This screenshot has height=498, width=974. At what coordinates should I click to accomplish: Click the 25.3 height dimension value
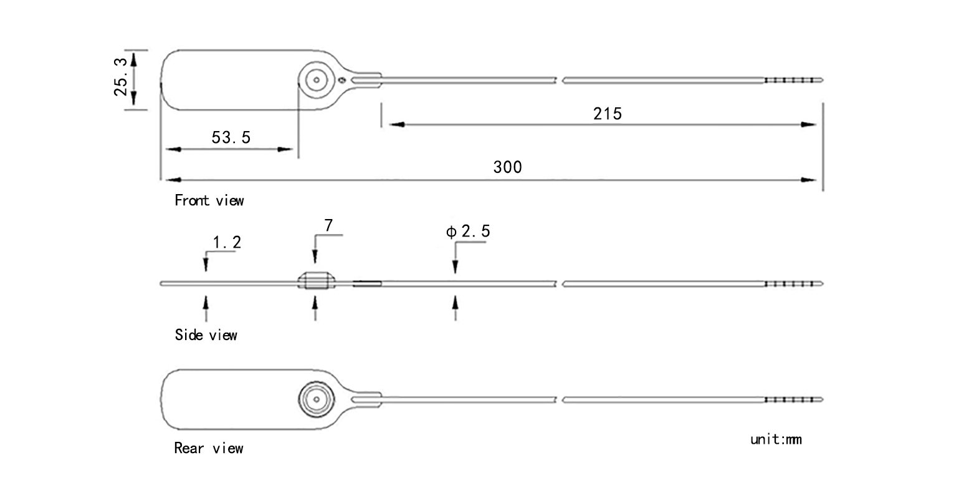point(121,77)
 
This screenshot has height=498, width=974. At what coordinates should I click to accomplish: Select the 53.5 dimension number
point(231,137)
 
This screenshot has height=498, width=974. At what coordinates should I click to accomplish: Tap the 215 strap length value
point(608,114)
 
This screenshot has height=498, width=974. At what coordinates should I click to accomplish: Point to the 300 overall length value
point(507,167)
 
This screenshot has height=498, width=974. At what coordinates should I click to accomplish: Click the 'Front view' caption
point(209,200)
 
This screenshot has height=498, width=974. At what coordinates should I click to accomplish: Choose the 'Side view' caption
point(206,334)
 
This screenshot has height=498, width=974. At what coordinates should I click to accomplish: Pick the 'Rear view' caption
point(209,448)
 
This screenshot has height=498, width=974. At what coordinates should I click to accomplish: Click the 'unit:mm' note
point(776,439)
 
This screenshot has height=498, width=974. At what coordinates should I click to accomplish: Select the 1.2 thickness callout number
point(227,243)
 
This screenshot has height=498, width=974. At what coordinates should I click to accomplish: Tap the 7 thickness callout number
point(328,225)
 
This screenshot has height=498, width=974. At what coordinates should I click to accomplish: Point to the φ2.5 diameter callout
point(468,231)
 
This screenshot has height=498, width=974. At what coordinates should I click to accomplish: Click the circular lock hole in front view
point(317,80)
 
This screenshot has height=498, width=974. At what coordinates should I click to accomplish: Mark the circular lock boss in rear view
point(317,399)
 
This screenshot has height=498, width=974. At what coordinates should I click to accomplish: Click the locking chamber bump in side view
point(317,281)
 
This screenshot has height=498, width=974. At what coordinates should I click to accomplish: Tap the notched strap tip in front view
point(793,80)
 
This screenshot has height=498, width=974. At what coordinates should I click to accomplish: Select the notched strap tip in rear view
point(793,399)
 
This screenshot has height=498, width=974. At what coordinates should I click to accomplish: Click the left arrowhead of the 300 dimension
point(173,180)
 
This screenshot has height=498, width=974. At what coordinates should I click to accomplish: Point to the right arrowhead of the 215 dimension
point(808,125)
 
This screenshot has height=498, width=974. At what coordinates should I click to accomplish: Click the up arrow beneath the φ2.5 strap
point(456,308)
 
